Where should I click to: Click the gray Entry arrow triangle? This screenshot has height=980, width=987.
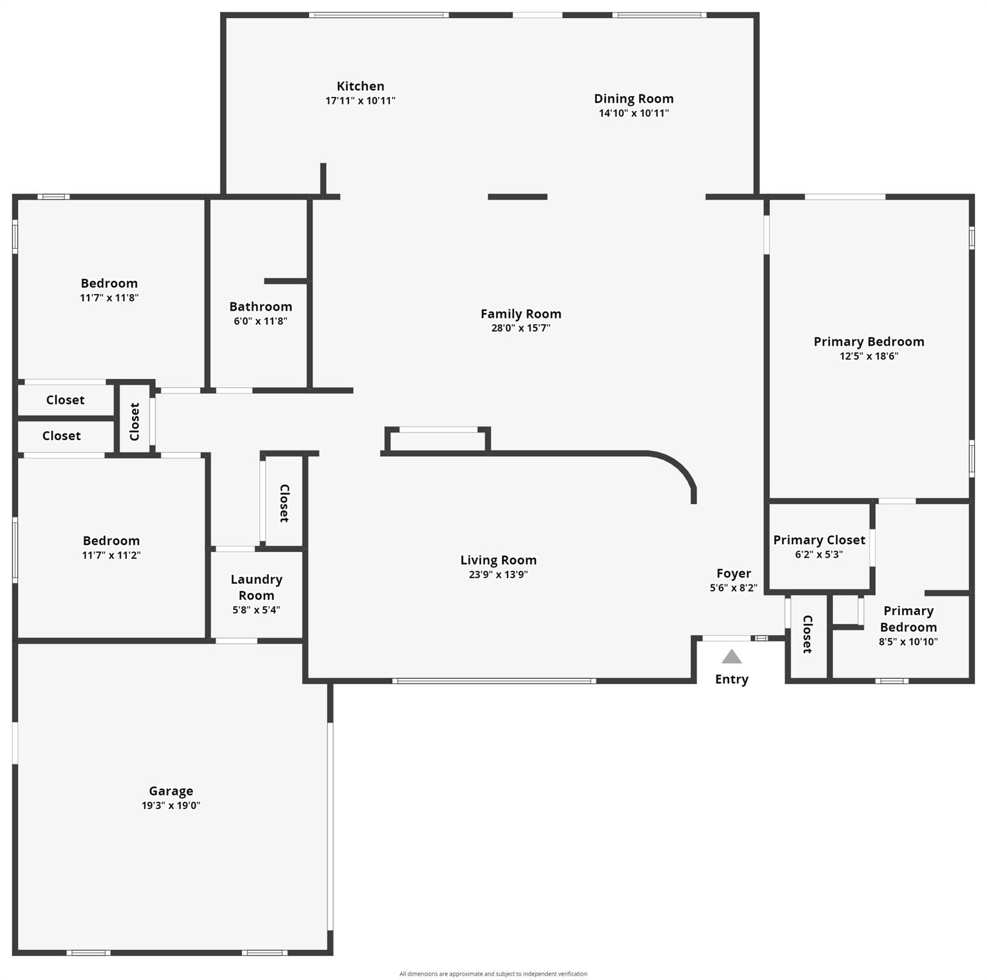pyautogui.click(x=732, y=657)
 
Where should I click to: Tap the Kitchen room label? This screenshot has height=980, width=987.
pyautogui.click(x=360, y=86)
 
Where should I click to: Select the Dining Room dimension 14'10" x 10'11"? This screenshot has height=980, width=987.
pyautogui.click(x=633, y=114)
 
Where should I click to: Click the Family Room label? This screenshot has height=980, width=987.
pyautogui.click(x=521, y=314)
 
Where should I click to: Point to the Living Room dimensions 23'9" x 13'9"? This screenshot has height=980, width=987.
pyautogui.click(x=498, y=574)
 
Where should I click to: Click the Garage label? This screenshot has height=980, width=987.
pyautogui.click(x=171, y=791)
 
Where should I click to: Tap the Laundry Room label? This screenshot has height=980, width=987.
pyautogui.click(x=256, y=587)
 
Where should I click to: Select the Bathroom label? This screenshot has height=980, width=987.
pyautogui.click(x=260, y=307)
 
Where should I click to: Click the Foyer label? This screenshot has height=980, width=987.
pyautogui.click(x=734, y=573)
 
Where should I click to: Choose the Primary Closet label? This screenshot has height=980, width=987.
pyautogui.click(x=819, y=540)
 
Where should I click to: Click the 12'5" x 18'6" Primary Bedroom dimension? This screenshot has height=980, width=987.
pyautogui.click(x=868, y=356)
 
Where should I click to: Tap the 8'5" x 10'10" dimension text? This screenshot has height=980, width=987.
pyautogui.click(x=908, y=642)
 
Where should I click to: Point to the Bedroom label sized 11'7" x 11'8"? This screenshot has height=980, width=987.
pyautogui.click(x=109, y=283)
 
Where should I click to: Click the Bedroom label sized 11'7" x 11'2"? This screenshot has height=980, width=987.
pyautogui.click(x=111, y=540)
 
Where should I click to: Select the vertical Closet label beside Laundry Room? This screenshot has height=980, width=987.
pyautogui.click(x=284, y=503)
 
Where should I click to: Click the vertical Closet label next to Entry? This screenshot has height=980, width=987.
pyautogui.click(x=807, y=634)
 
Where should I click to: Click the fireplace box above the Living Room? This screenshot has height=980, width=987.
pyautogui.click(x=438, y=440)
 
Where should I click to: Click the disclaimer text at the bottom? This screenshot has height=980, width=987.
pyautogui.click(x=493, y=974)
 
